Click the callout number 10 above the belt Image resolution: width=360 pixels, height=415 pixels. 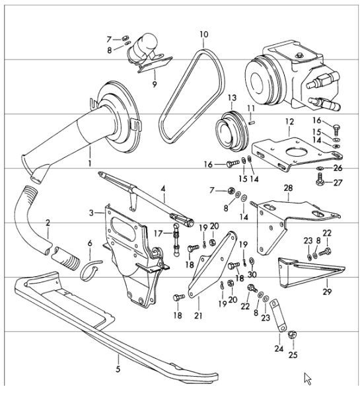203,34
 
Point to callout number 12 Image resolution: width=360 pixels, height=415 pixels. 289,122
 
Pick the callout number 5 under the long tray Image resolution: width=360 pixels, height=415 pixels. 118,370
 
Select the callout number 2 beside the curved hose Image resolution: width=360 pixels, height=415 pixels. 48,223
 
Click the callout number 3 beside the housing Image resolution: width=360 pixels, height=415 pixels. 91,212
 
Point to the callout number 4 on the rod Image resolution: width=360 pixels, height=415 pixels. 162,189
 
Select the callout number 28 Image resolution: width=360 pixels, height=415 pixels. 287,189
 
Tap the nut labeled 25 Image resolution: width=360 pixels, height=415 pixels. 292,336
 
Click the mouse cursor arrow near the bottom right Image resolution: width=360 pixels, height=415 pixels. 308,378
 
